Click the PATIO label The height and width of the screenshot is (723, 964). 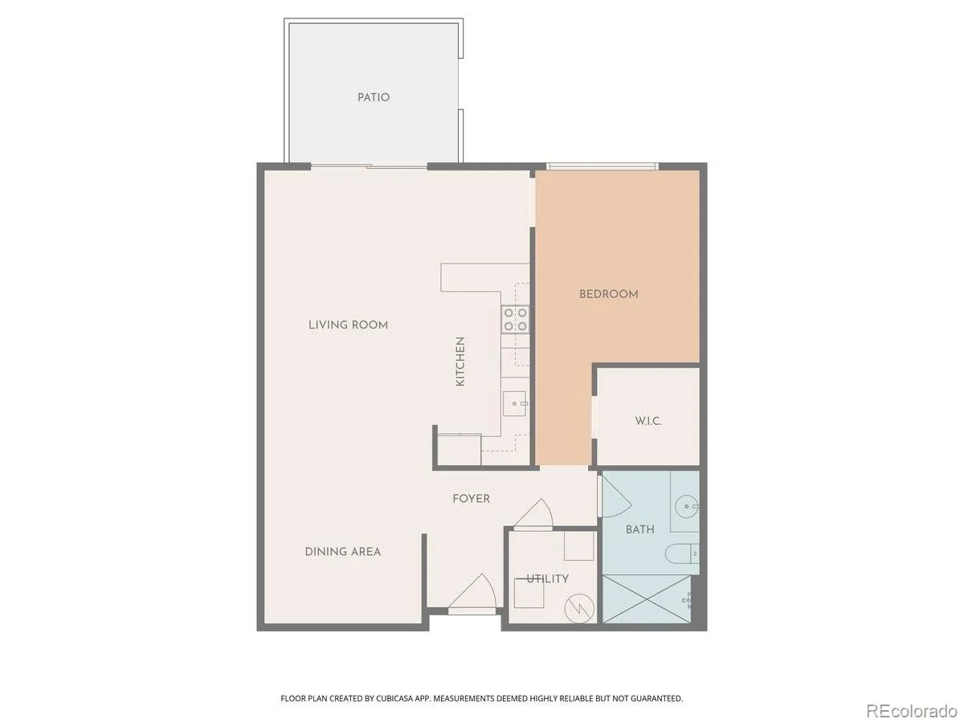tap(374, 97)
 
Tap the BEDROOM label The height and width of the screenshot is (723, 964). tap(608, 294)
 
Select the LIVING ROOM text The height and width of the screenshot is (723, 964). tap(348, 325)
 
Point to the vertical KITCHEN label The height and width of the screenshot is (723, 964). tap(460, 361)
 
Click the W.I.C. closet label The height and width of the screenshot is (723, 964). tap(647, 421)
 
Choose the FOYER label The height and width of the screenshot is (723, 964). tap(471, 498)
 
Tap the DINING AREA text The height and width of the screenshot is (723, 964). tap(342, 551)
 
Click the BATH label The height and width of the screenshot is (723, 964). tap(640, 529)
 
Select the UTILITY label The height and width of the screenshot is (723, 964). tap(547, 578)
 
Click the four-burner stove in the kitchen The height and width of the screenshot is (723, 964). tap(515, 320)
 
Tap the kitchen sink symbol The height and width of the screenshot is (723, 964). tap(515, 403)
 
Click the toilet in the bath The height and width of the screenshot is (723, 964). tap(682, 553)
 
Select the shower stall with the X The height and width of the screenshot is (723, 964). tap(647, 598)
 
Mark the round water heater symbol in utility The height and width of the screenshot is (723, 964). tap(579, 609)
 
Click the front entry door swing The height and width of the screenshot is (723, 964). tap(472, 592)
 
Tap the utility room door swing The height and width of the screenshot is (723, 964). tap(533, 513)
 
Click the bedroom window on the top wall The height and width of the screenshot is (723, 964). tap(602, 166)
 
